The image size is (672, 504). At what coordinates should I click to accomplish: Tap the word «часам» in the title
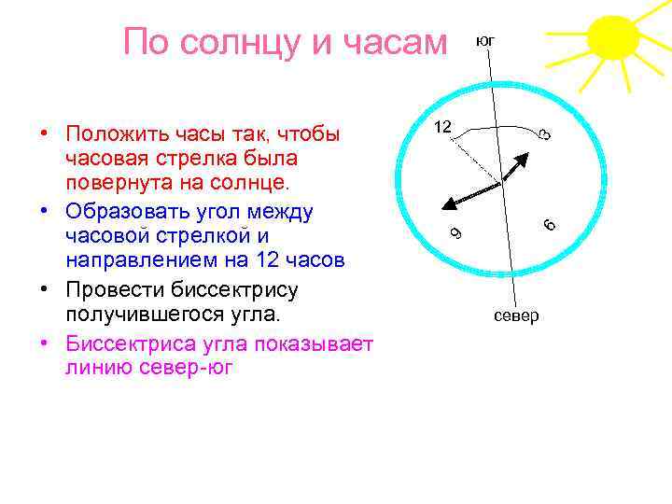coord(386,42)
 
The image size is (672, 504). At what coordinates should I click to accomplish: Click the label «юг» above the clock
coord(485,41)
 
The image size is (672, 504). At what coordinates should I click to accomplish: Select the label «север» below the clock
coord(516,315)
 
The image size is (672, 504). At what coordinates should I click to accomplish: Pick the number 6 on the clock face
coord(550,224)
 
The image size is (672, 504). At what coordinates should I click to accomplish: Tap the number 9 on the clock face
coord(454,232)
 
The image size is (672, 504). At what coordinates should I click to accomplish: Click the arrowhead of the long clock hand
coord(448,206)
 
